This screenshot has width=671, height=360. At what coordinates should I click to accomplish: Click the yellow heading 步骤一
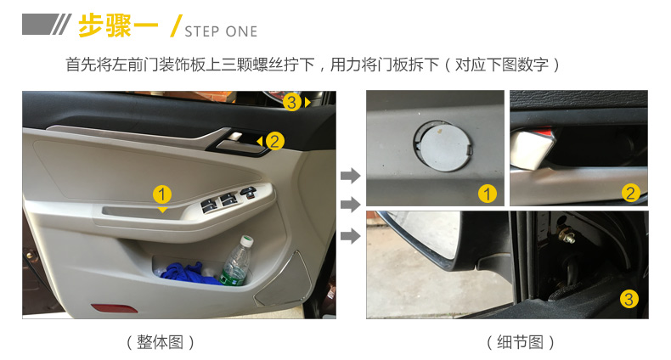coord(118,25)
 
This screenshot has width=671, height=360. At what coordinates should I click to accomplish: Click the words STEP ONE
coord(221,31)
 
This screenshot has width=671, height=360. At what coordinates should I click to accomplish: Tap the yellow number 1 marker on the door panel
coord(162,194)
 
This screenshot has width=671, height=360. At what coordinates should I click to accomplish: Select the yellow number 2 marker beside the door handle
coord(274,141)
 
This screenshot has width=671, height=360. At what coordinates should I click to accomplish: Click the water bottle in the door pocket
coord(237,261)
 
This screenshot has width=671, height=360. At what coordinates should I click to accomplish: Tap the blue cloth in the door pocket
coord(190,273)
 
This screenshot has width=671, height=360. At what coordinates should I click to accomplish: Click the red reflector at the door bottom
coord(115,308)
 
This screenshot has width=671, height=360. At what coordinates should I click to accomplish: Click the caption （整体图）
coord(160,342)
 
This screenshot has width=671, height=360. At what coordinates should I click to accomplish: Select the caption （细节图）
coord(520,342)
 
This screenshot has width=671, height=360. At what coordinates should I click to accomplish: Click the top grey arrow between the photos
coord(351,175)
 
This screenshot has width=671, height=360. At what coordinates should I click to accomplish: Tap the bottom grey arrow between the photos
coord(351,235)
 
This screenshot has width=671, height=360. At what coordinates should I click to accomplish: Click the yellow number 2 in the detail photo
coord(630,194)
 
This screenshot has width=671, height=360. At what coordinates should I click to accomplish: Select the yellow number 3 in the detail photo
coord(629,299)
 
